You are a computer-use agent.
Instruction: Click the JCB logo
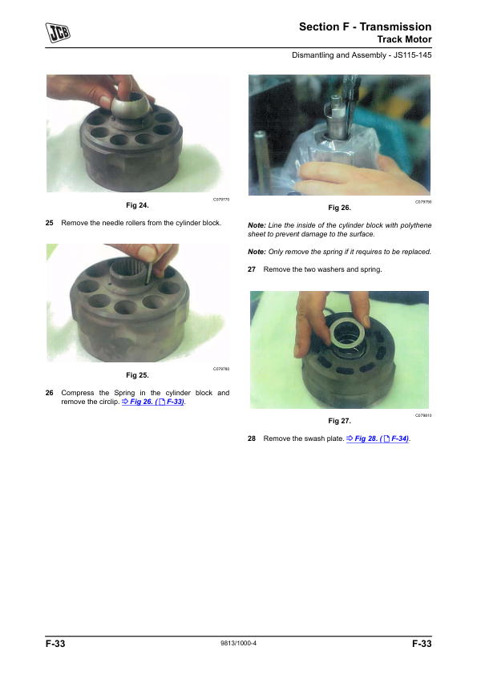tap(58, 33)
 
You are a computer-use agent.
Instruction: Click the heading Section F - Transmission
tap(365, 26)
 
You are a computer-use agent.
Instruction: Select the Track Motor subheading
tap(404, 39)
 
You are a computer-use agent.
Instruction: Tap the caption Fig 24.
tap(137, 205)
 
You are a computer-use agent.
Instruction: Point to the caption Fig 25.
tap(137, 375)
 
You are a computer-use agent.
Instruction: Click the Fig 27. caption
tap(339, 421)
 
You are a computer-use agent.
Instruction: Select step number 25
tap(50, 223)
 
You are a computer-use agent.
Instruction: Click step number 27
tap(252, 269)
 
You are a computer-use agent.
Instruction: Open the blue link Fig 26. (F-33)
tap(153, 402)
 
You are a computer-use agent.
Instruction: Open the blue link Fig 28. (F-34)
tap(378, 439)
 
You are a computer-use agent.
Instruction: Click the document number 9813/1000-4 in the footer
tap(239, 643)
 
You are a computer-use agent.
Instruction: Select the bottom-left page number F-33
tap(55, 644)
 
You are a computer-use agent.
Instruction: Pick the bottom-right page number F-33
tap(422, 644)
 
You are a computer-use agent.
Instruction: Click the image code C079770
tap(221, 200)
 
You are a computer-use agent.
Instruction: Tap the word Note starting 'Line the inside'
tap(257, 225)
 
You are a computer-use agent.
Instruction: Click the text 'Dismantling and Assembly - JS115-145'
tap(362, 55)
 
